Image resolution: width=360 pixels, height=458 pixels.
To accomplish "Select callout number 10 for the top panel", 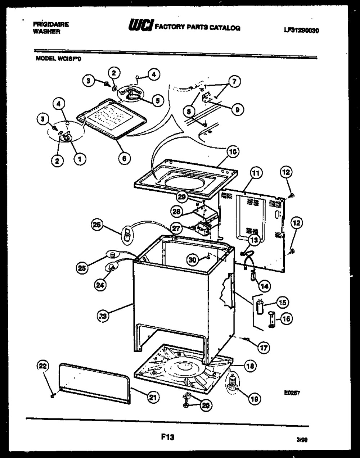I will [x=233, y=152].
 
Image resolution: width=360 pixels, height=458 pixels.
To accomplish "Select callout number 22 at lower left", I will [x=43, y=367].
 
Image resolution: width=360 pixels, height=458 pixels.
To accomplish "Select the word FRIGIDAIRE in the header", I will [x=51, y=24].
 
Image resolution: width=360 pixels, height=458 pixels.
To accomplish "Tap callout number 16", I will [x=287, y=318].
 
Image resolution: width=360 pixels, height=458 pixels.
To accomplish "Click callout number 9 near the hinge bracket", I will [x=237, y=109].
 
